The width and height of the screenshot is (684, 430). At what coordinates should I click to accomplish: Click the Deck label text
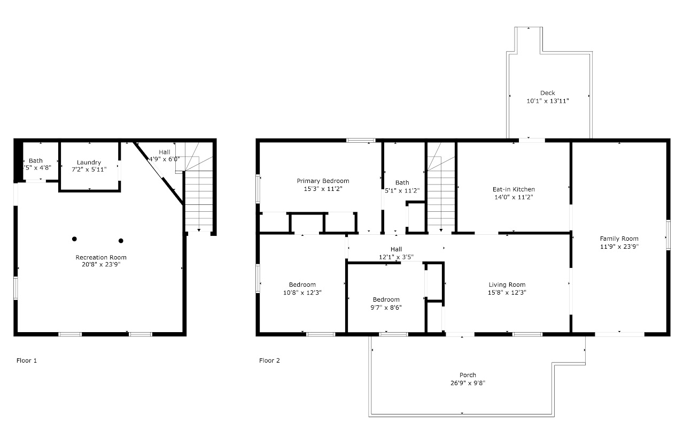(x=547, y=93)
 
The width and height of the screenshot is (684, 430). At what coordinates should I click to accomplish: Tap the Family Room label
(x=619, y=239)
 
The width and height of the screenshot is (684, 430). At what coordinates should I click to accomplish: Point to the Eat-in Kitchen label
(x=513, y=189)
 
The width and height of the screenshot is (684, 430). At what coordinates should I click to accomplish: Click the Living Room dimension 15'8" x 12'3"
(x=507, y=293)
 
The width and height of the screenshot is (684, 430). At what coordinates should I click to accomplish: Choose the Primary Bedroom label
(x=323, y=181)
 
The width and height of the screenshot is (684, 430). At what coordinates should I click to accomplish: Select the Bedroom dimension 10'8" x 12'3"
(x=302, y=293)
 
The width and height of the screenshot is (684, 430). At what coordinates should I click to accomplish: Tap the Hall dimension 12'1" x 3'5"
(x=396, y=257)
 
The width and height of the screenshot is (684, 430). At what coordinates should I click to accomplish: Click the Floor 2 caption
(x=269, y=360)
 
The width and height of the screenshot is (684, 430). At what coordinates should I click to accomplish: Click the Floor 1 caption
(x=27, y=360)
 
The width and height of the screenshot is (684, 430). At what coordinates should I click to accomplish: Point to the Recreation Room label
(x=101, y=257)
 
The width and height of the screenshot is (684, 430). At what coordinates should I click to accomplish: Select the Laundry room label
(x=89, y=163)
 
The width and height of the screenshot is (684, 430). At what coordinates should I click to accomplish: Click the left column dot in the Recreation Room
(x=75, y=239)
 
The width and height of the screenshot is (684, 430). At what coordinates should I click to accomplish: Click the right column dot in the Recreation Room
(x=121, y=241)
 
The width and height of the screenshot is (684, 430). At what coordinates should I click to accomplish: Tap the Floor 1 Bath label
(x=36, y=160)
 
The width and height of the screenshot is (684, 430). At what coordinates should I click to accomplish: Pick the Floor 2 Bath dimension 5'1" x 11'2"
(x=402, y=190)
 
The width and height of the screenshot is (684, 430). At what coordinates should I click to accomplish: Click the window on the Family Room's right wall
(x=668, y=235)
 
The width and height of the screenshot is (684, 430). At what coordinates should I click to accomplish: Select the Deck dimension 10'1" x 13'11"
(x=547, y=101)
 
